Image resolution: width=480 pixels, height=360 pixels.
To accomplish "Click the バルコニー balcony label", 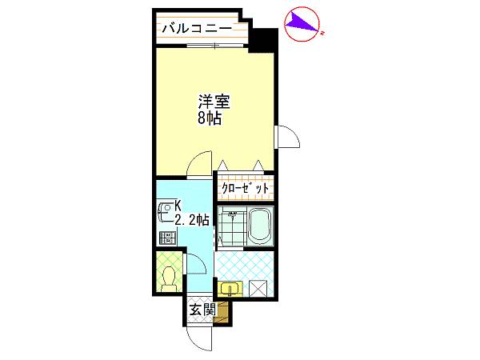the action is [x=197, y=29].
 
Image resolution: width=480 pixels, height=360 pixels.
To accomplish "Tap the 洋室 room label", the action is [x=214, y=102].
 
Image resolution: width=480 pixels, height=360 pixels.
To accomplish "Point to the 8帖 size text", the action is [x=210, y=118].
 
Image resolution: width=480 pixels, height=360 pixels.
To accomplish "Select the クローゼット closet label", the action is [x=246, y=188].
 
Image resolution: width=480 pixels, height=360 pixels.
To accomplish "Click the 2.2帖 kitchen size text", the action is [x=192, y=219].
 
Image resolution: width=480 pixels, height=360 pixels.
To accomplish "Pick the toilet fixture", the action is [x=168, y=279].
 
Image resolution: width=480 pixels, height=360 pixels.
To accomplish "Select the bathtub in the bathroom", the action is [x=259, y=226].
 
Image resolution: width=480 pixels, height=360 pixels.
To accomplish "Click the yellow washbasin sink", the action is [x=230, y=289].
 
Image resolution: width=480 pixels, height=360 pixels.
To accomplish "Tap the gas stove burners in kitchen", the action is [x=168, y=238].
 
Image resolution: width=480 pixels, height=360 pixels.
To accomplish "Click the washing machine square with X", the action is [x=258, y=289].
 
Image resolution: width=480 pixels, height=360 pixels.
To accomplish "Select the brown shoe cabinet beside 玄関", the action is [x=222, y=312].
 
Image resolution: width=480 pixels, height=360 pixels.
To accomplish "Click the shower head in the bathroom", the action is [x=233, y=214].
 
